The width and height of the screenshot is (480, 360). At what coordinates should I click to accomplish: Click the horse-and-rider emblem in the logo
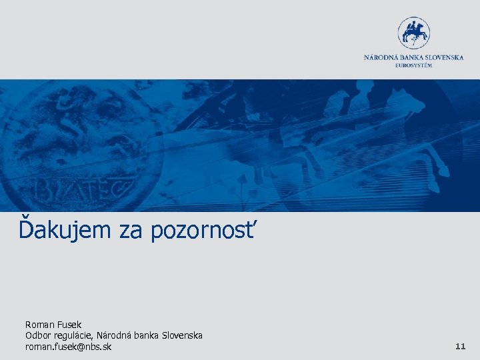[413, 33]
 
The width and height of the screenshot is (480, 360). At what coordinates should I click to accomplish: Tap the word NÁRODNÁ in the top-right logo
[381, 57]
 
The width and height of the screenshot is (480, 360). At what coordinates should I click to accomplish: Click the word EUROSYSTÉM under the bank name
[413, 65]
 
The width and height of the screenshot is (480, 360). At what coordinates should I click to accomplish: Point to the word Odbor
[37, 335]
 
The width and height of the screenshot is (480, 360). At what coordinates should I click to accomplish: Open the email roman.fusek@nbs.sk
[68, 347]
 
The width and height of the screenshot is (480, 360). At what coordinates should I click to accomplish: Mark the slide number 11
[460, 347]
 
